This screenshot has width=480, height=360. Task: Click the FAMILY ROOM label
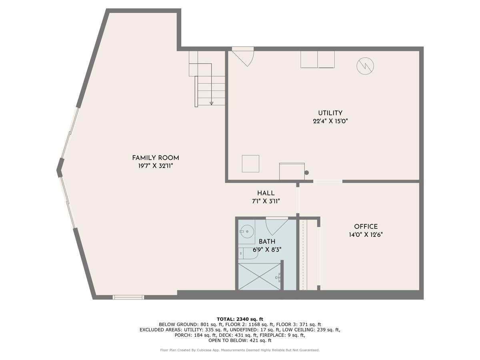(x=155, y=158)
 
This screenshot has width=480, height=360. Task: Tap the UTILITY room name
(x=330, y=113)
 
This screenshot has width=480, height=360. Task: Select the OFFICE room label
(x=366, y=226)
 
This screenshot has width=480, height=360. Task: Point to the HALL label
(x=266, y=193)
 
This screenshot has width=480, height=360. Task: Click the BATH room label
(x=267, y=242)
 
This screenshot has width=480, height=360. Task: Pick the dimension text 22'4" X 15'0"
(x=330, y=121)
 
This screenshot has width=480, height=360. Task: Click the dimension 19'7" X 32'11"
(x=155, y=166)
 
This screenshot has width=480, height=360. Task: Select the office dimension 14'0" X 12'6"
(x=366, y=235)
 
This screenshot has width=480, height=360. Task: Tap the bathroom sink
(x=247, y=231)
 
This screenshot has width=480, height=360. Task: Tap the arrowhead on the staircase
(x=212, y=103)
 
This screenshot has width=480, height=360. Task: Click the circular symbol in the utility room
(x=365, y=66)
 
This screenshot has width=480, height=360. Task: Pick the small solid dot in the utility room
(x=307, y=173)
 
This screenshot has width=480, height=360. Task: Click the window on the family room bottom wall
(x=128, y=297)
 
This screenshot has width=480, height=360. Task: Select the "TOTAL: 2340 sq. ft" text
(x=240, y=319)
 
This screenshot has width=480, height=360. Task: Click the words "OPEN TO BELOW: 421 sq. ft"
(x=240, y=340)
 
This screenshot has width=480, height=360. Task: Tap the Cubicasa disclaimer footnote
(x=240, y=350)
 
